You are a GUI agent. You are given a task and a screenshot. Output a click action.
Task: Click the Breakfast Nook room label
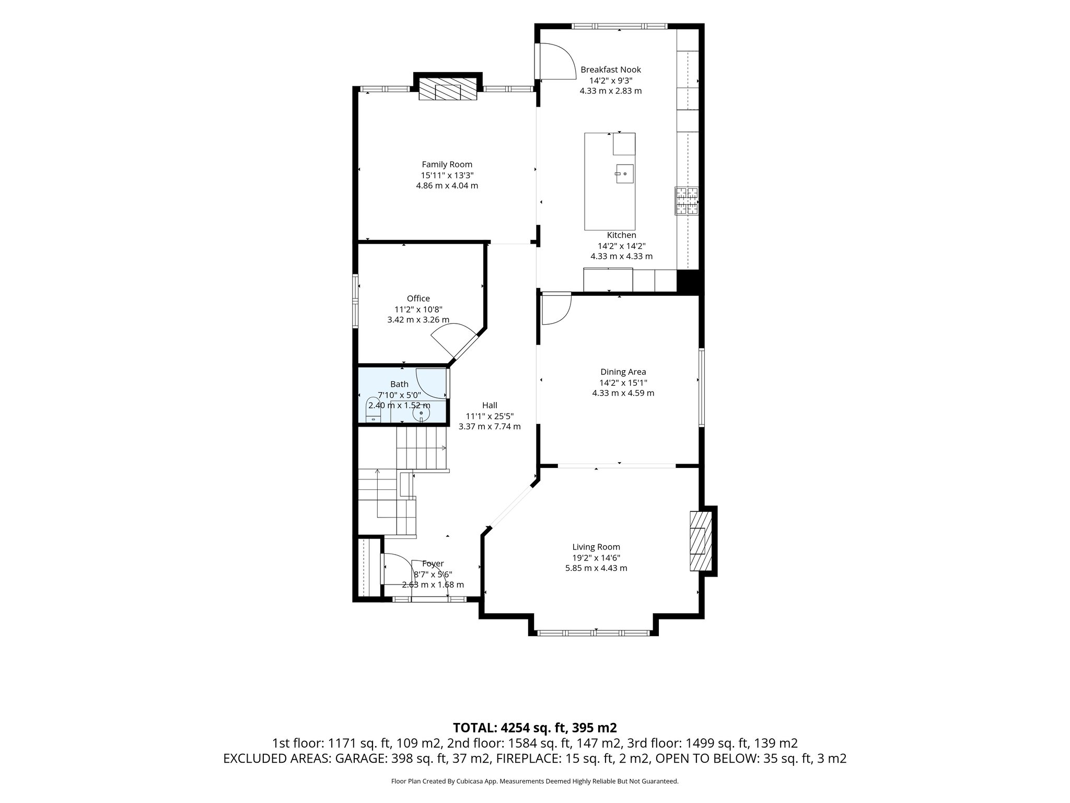pyautogui.click(x=611, y=70)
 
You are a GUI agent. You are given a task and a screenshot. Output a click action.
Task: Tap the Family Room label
pyautogui.click(x=447, y=165)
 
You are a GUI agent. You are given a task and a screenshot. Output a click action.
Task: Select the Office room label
pyautogui.click(x=418, y=299)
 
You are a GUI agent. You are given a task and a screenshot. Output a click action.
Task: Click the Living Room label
pyautogui.click(x=596, y=547)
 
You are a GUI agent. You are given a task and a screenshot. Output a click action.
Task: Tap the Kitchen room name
pyautogui.click(x=622, y=235)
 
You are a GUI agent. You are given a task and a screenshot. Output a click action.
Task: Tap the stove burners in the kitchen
pyautogui.click(x=687, y=201)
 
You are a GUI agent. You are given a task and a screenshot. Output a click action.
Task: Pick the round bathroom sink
pyautogui.click(x=421, y=414)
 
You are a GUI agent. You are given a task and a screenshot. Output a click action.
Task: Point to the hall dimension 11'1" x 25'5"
pyautogui.click(x=490, y=416)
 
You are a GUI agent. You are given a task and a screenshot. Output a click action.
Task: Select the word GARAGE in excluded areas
pyautogui.click(x=360, y=759)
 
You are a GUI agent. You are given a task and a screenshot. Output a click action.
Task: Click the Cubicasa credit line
pyautogui.click(x=535, y=782)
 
